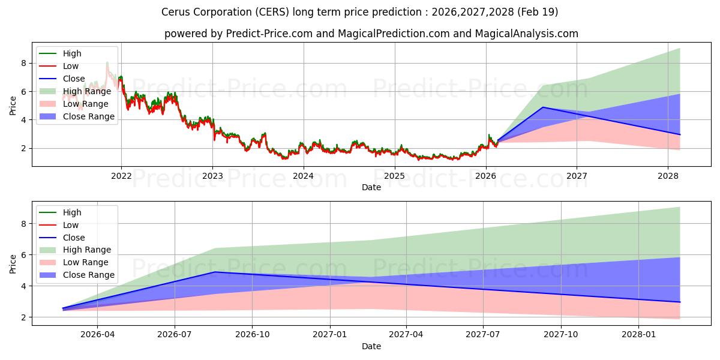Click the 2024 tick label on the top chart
point(304,176)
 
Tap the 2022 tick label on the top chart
point(121,176)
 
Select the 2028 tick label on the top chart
point(668,176)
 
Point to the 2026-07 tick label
point(175,335)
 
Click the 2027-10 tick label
point(561,335)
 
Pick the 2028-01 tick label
point(638,335)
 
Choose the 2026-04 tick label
point(97,335)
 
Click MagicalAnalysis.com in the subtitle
point(527,34)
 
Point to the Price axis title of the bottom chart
point(13,264)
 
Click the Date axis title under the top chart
point(371,187)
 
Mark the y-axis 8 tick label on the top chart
point(23,63)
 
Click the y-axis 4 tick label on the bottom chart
point(23,286)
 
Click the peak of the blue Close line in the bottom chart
point(215,272)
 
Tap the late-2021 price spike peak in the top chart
point(107,62)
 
